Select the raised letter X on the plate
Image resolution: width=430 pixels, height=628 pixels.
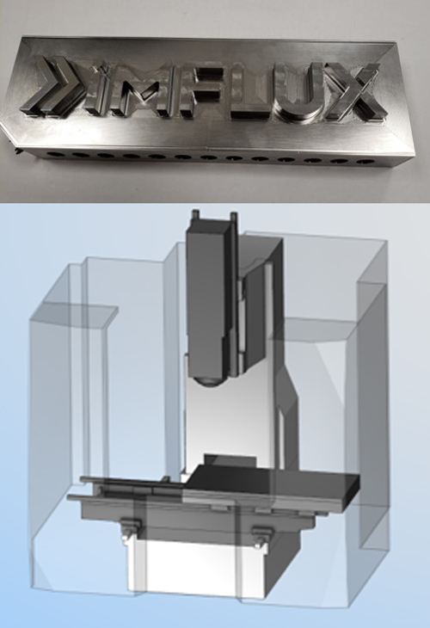coord(354,93)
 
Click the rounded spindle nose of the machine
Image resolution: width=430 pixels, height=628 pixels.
coord(209,381)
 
